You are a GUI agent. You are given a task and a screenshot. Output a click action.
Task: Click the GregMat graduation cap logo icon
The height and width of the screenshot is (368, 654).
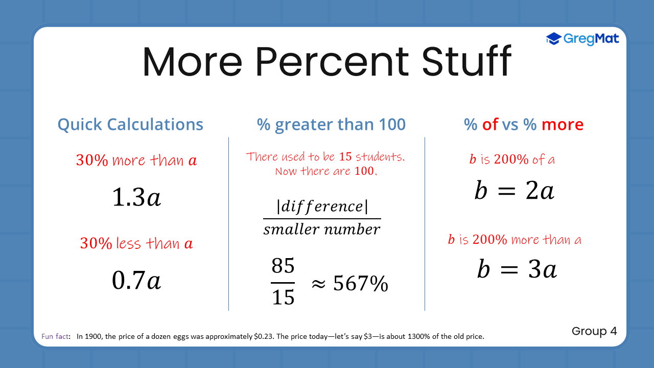[553, 38]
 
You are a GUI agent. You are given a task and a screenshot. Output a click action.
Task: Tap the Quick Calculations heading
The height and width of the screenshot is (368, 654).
[130, 124]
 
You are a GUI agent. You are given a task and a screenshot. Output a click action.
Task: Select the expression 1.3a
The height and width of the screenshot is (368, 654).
[136, 198]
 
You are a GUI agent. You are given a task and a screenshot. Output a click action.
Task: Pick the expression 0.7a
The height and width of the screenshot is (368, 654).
[136, 280]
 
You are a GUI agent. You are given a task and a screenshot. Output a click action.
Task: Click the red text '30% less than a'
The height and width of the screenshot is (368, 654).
[136, 243]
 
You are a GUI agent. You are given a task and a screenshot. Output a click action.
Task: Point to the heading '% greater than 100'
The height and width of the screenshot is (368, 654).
[332, 124]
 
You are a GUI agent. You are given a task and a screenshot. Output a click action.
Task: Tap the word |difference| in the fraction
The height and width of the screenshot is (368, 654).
[322, 206]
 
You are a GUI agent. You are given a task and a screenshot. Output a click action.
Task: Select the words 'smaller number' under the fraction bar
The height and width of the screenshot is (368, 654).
[322, 230]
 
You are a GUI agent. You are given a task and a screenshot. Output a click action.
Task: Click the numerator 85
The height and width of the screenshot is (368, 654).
[283, 266]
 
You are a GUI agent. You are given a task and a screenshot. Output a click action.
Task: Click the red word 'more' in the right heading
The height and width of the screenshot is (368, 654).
[562, 124]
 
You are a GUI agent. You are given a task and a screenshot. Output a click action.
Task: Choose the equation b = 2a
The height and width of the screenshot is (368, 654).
[514, 191]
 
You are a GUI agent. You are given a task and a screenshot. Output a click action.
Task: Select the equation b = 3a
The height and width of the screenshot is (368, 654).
[517, 269]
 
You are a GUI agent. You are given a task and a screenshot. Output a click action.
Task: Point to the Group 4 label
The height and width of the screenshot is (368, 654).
[594, 331]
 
